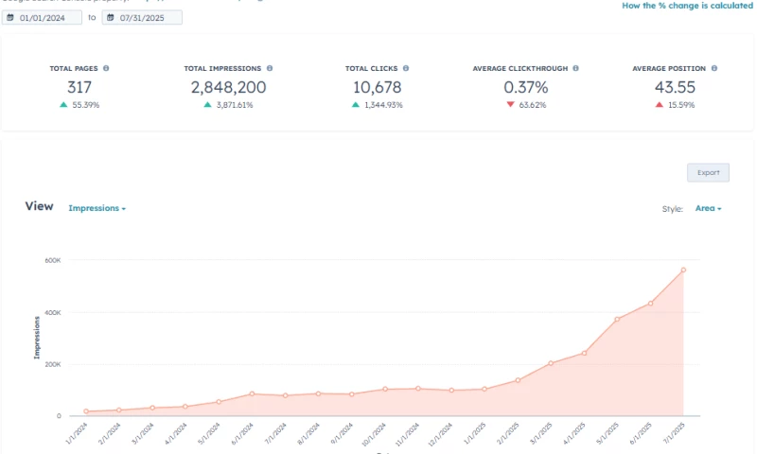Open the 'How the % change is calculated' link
pos(687,6)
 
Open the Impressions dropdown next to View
pos(97,208)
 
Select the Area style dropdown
pos(708,208)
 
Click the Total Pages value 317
pos(79,87)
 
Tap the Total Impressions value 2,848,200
pos(228,87)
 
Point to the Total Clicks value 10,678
pos(377,87)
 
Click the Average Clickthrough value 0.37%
pos(525,87)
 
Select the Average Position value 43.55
pos(674,87)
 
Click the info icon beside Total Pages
pos(106,68)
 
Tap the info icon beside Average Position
pos(714,68)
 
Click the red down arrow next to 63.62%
pos(510,105)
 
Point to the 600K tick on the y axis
pos(52,260)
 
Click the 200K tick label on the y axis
pos(52,364)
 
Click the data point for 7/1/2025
pos(683,270)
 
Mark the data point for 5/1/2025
pos(617,319)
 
